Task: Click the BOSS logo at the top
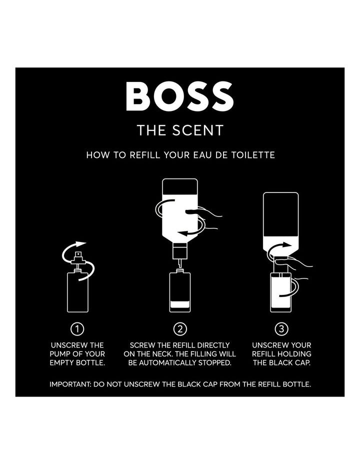click(x=180, y=96)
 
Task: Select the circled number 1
click(x=77, y=329)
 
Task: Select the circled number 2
click(x=180, y=329)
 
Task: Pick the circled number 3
click(x=281, y=329)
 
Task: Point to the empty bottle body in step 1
click(x=78, y=292)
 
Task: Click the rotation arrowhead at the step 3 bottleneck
click(x=286, y=244)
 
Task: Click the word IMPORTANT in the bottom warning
click(x=70, y=384)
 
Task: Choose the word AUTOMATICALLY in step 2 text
click(x=167, y=363)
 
